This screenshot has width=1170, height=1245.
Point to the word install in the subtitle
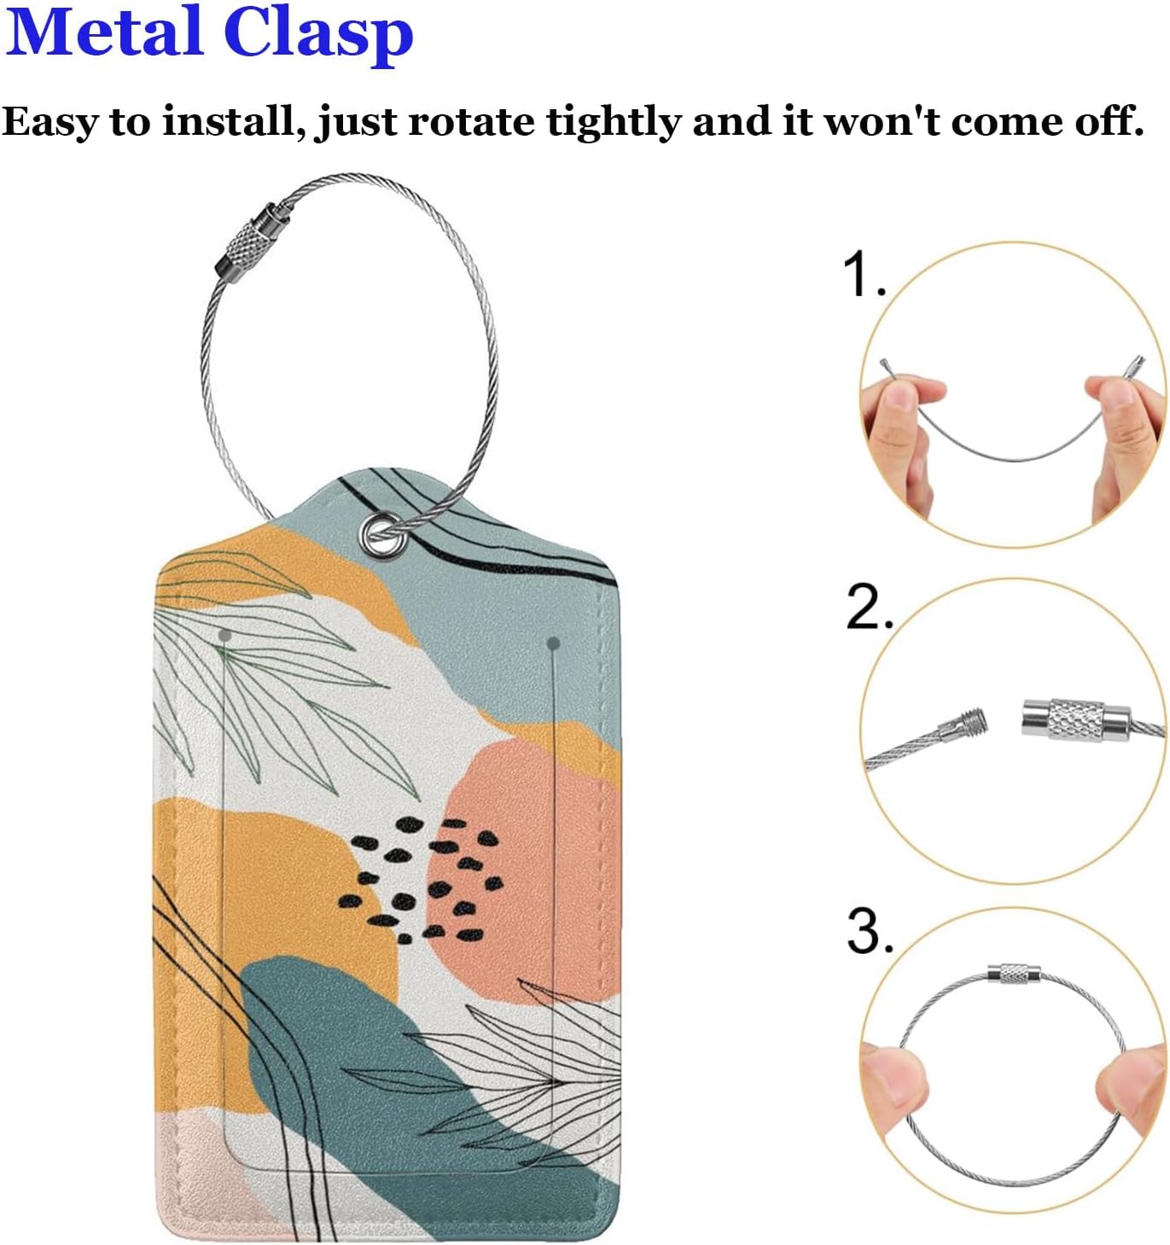tap(229, 121)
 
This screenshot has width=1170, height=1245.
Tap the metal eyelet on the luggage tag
tap(380, 535)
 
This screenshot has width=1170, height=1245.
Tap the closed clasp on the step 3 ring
tap(1013, 974)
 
